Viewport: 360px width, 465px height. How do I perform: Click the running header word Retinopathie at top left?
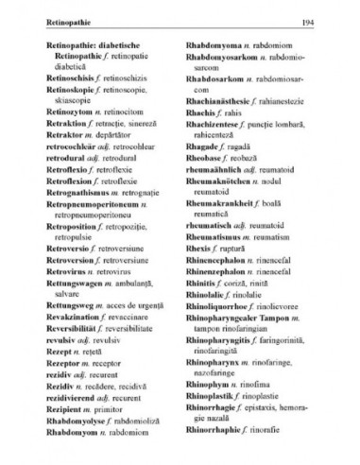pyautogui.click(x=53, y=20)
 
